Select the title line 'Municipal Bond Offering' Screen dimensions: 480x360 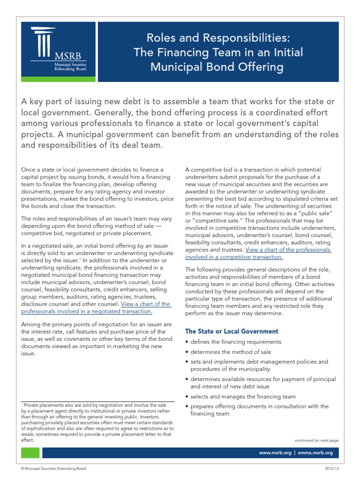point(217,67)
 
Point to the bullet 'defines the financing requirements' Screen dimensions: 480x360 point(235,342)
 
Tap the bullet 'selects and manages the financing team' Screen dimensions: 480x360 point(243,396)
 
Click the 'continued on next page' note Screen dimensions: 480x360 point(316,440)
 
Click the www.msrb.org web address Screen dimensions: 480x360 point(275,453)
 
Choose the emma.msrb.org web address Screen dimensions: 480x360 point(315,453)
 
